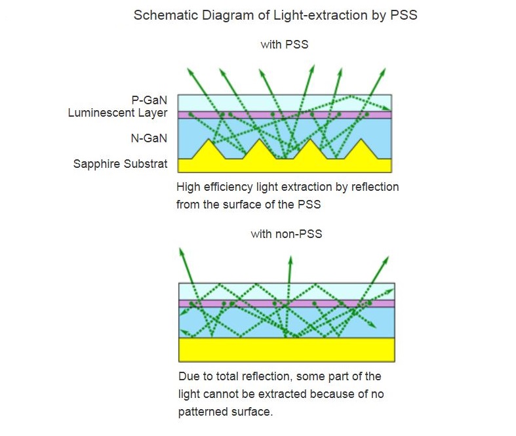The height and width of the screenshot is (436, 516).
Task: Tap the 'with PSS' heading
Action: click(x=284, y=45)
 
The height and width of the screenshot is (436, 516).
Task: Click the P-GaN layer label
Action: click(x=149, y=100)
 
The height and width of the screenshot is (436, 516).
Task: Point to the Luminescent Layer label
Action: click(x=117, y=113)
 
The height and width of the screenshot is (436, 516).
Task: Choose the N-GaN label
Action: click(x=149, y=138)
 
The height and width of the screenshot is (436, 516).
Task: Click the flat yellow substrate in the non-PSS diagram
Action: click(x=287, y=349)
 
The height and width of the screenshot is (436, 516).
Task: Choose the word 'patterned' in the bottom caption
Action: click(x=201, y=412)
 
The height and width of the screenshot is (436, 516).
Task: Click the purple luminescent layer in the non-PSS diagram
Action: click(x=287, y=304)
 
